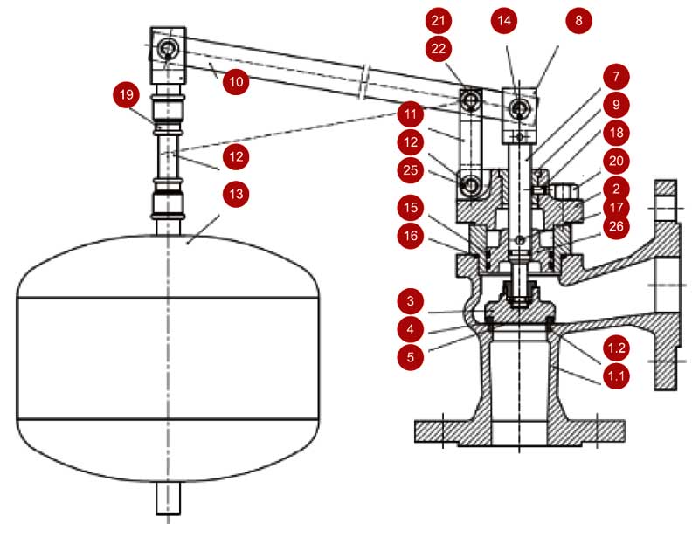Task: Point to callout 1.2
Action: pyautogui.click(x=617, y=348)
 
